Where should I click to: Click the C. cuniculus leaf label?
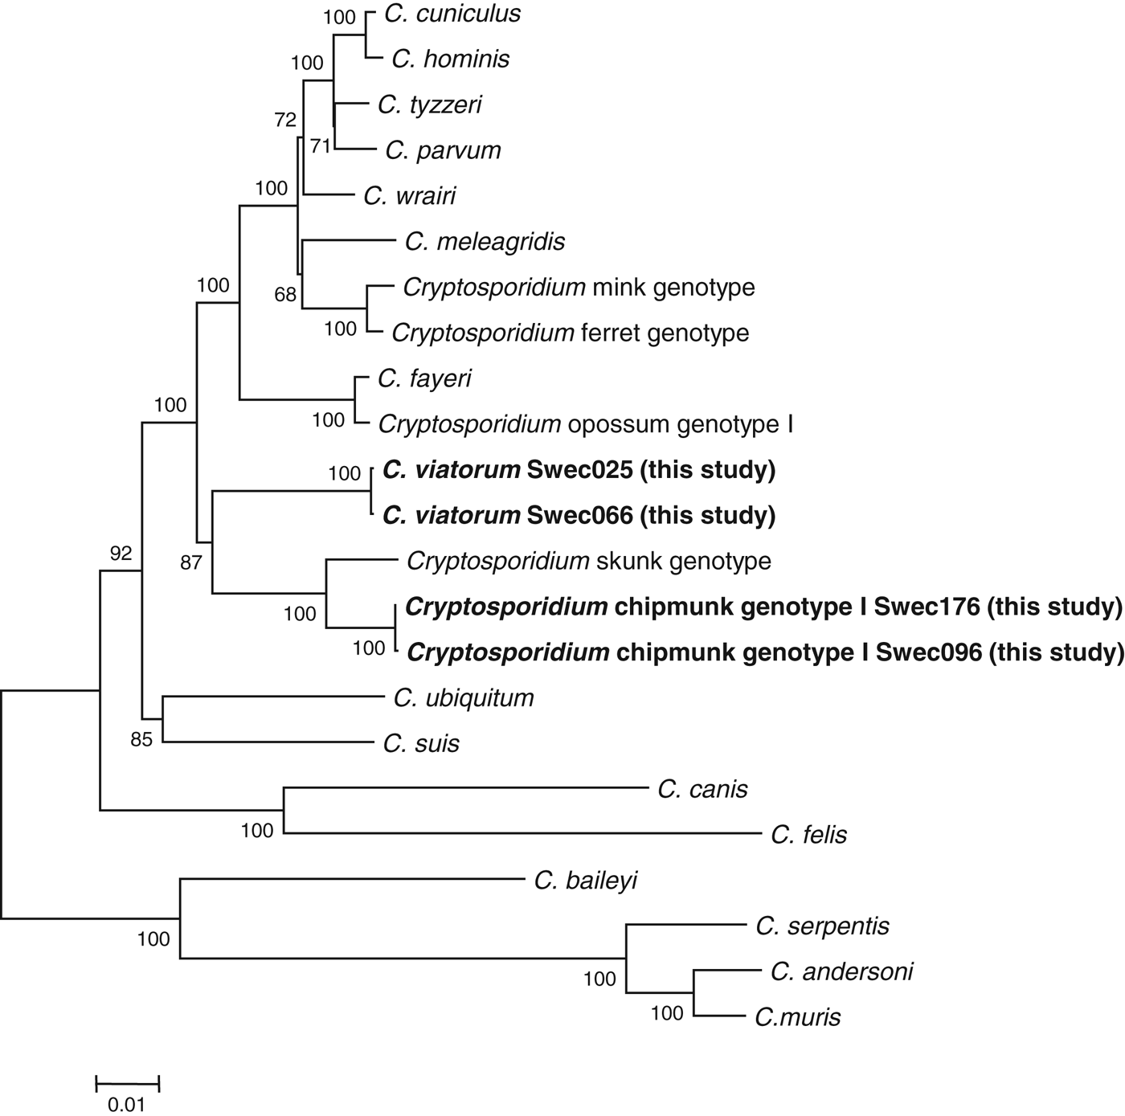[x=452, y=14]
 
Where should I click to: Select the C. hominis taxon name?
[x=450, y=59]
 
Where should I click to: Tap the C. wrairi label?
[x=409, y=196]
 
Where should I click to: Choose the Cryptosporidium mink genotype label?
[x=579, y=288]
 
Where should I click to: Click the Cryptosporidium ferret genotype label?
[x=570, y=333]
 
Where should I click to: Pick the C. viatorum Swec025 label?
[x=579, y=470]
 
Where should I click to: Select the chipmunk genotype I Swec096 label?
[x=765, y=652]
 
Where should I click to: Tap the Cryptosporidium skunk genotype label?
[x=588, y=561]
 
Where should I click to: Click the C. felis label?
[x=808, y=836]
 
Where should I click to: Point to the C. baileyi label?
[x=585, y=881]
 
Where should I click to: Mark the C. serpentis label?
[x=822, y=926]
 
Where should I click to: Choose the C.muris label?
[x=797, y=1018]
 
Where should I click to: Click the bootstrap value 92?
[x=121, y=554]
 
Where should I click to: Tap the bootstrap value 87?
[x=190, y=563]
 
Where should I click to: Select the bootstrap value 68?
[x=285, y=295]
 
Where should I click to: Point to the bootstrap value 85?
[x=141, y=739]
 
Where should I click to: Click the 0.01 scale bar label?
[x=127, y=1105]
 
